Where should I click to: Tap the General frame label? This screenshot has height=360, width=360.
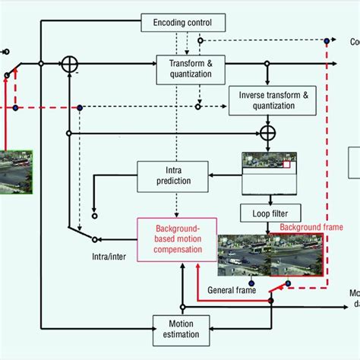point(232,290)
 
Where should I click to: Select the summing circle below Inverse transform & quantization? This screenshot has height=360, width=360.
point(267,134)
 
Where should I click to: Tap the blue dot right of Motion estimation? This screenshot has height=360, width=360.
point(271,302)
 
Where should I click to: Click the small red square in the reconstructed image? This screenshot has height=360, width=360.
point(286,163)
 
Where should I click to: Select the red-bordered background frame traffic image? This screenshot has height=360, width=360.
point(297,256)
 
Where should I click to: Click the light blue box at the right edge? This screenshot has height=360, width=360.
point(355,164)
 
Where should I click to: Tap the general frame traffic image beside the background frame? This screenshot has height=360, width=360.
point(243,256)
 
